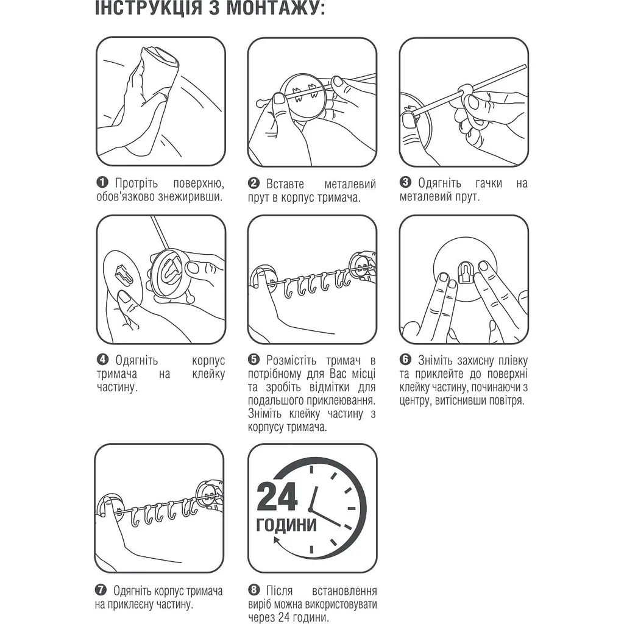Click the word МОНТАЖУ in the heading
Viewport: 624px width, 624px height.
pyautogui.click(x=275, y=7)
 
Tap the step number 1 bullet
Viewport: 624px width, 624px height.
pyautogui.click(x=102, y=183)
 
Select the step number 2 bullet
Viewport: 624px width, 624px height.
pyautogui.click(x=253, y=183)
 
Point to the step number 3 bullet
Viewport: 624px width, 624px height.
pyautogui.click(x=405, y=182)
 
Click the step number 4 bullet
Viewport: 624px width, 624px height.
pyautogui.click(x=102, y=360)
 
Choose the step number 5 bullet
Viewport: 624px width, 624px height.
pyautogui.click(x=253, y=360)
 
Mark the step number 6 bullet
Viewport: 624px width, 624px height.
pyautogui.click(x=405, y=360)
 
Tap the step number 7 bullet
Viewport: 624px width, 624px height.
pyautogui.click(x=101, y=589)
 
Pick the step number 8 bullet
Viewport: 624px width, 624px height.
pyautogui.click(x=253, y=590)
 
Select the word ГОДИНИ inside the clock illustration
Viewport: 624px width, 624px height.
pyautogui.click(x=286, y=525)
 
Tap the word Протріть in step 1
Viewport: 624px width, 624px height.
pyautogui.click(x=136, y=183)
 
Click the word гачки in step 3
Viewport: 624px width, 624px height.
pyautogui.click(x=488, y=183)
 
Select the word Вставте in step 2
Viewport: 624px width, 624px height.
pyautogui.click(x=285, y=184)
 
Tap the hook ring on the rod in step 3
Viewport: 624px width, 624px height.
pyautogui.click(x=464, y=93)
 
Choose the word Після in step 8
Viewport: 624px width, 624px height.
pyautogui.click(x=279, y=590)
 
